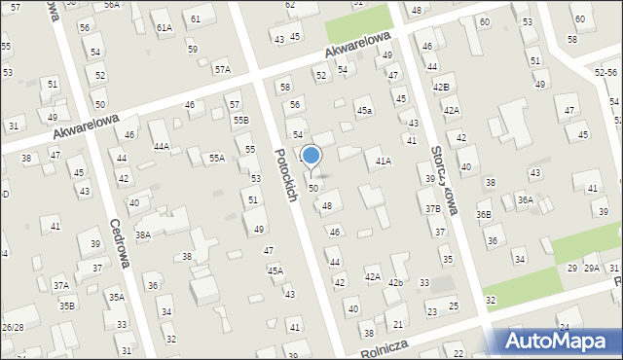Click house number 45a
point(363,112)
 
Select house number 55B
point(240,120)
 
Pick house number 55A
point(216,158)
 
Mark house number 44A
point(162,147)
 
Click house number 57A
point(223,70)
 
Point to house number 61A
point(164,28)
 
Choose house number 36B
point(484,215)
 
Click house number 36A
point(525,200)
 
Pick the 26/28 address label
point(13,327)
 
